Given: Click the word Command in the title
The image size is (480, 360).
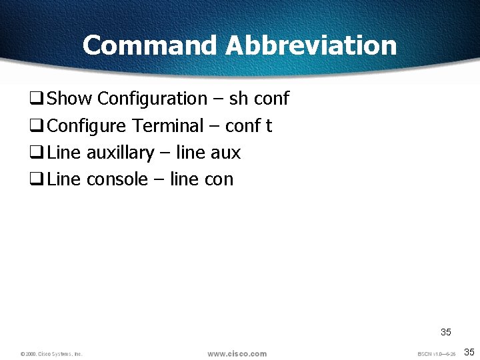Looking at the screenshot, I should [x=149, y=45].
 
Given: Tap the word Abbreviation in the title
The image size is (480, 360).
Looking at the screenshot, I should [x=311, y=45].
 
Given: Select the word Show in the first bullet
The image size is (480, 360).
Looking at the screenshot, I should [x=70, y=99].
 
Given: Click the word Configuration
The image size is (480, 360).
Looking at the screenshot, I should [x=152, y=99].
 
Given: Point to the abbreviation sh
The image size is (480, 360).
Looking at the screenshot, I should [x=238, y=99].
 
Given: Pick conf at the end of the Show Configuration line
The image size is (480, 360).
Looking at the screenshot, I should [x=272, y=99].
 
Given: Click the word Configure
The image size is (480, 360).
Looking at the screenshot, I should [x=87, y=126].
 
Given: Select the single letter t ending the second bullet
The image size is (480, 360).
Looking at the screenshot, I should [x=269, y=126].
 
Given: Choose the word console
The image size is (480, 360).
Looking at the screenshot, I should [x=117, y=179].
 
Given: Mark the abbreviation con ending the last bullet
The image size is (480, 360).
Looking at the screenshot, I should [x=219, y=179].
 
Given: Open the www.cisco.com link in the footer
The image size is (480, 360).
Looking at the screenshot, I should [x=237, y=353].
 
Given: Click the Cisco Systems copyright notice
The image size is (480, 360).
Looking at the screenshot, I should [x=51, y=354].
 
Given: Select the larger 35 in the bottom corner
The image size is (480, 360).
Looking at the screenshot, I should [x=469, y=352].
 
